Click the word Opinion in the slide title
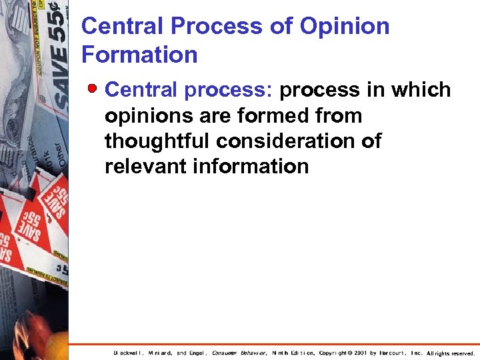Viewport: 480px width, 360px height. click(x=345, y=27)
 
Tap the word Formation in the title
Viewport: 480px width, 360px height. click(x=139, y=55)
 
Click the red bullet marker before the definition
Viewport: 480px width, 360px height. click(x=95, y=88)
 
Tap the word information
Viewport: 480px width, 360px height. click(x=251, y=166)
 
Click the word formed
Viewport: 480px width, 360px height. click(x=284, y=115)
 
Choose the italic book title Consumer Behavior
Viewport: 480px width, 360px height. click(x=239, y=353)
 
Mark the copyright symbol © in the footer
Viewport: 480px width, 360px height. click(x=349, y=353)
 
